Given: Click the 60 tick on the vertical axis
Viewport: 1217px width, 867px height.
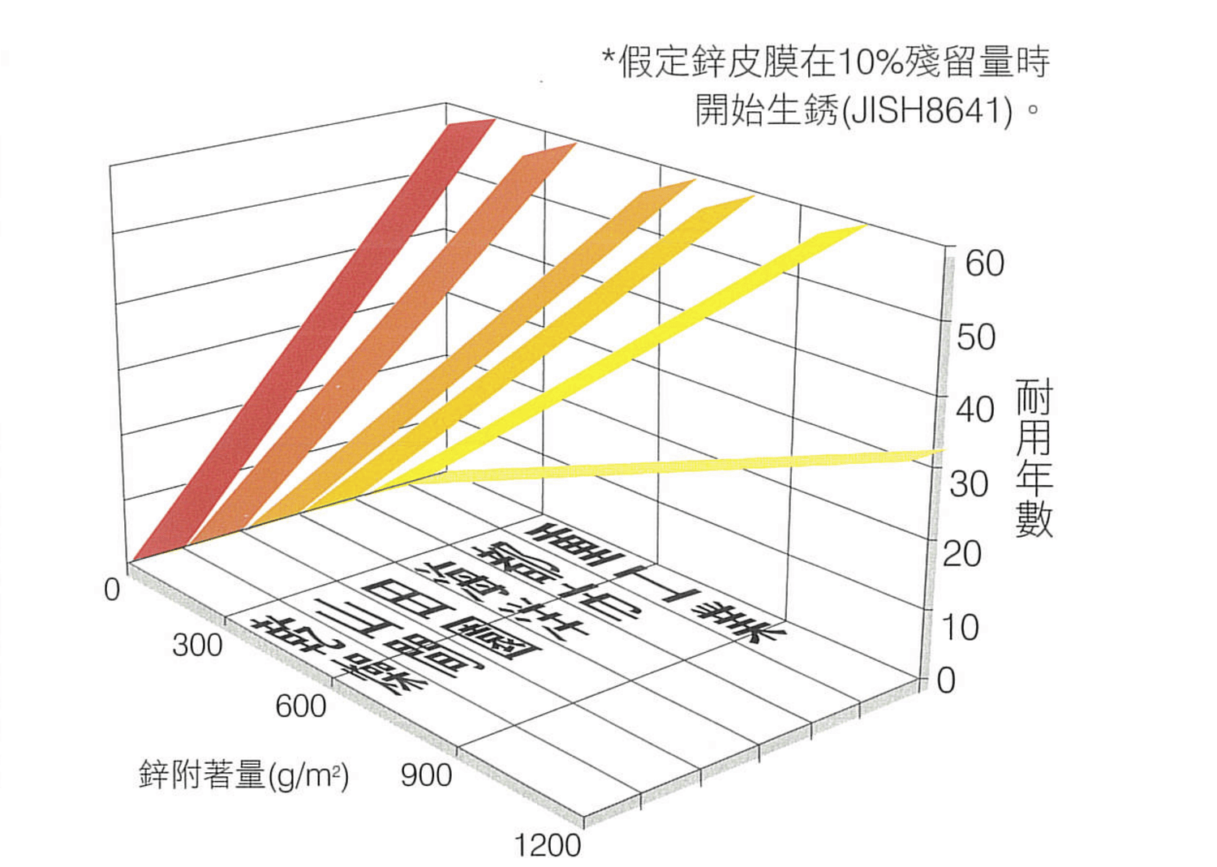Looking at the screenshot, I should [984, 264].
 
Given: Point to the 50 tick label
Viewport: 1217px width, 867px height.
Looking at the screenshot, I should [976, 337].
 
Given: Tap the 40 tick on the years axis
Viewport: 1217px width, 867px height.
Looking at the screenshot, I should [974, 410].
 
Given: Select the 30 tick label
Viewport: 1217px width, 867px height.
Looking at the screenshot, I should [969, 484].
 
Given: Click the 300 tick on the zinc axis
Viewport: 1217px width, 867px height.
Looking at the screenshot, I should [197, 645].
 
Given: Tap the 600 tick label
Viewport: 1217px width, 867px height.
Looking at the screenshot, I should [301, 706].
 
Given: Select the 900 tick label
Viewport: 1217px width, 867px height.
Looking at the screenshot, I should [426, 775].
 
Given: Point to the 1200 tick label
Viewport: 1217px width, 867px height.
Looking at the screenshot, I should [548, 846].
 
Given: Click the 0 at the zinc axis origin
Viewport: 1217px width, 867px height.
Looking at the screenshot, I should [112, 590].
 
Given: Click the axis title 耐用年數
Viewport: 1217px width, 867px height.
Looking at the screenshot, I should [1034, 458].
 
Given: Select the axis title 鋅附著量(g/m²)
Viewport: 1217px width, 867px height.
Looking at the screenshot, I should [243, 775].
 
